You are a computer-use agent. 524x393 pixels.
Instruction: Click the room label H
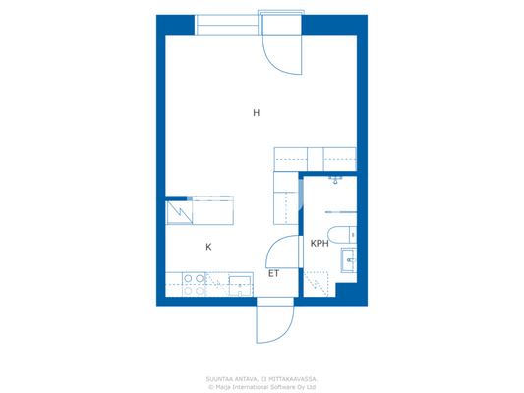[256, 113]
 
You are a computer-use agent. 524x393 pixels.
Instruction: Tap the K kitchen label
[208, 247]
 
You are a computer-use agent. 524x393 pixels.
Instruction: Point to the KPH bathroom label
[320, 243]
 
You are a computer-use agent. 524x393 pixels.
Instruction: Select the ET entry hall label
[274, 274]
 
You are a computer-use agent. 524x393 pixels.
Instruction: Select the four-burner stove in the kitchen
[194, 284]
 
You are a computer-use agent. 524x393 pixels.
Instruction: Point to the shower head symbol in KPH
[336, 181]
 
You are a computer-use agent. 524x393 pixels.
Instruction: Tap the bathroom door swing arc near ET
[282, 251]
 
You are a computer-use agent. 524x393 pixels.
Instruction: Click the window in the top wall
[227, 26]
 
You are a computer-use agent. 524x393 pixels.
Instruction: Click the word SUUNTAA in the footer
[221, 378]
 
